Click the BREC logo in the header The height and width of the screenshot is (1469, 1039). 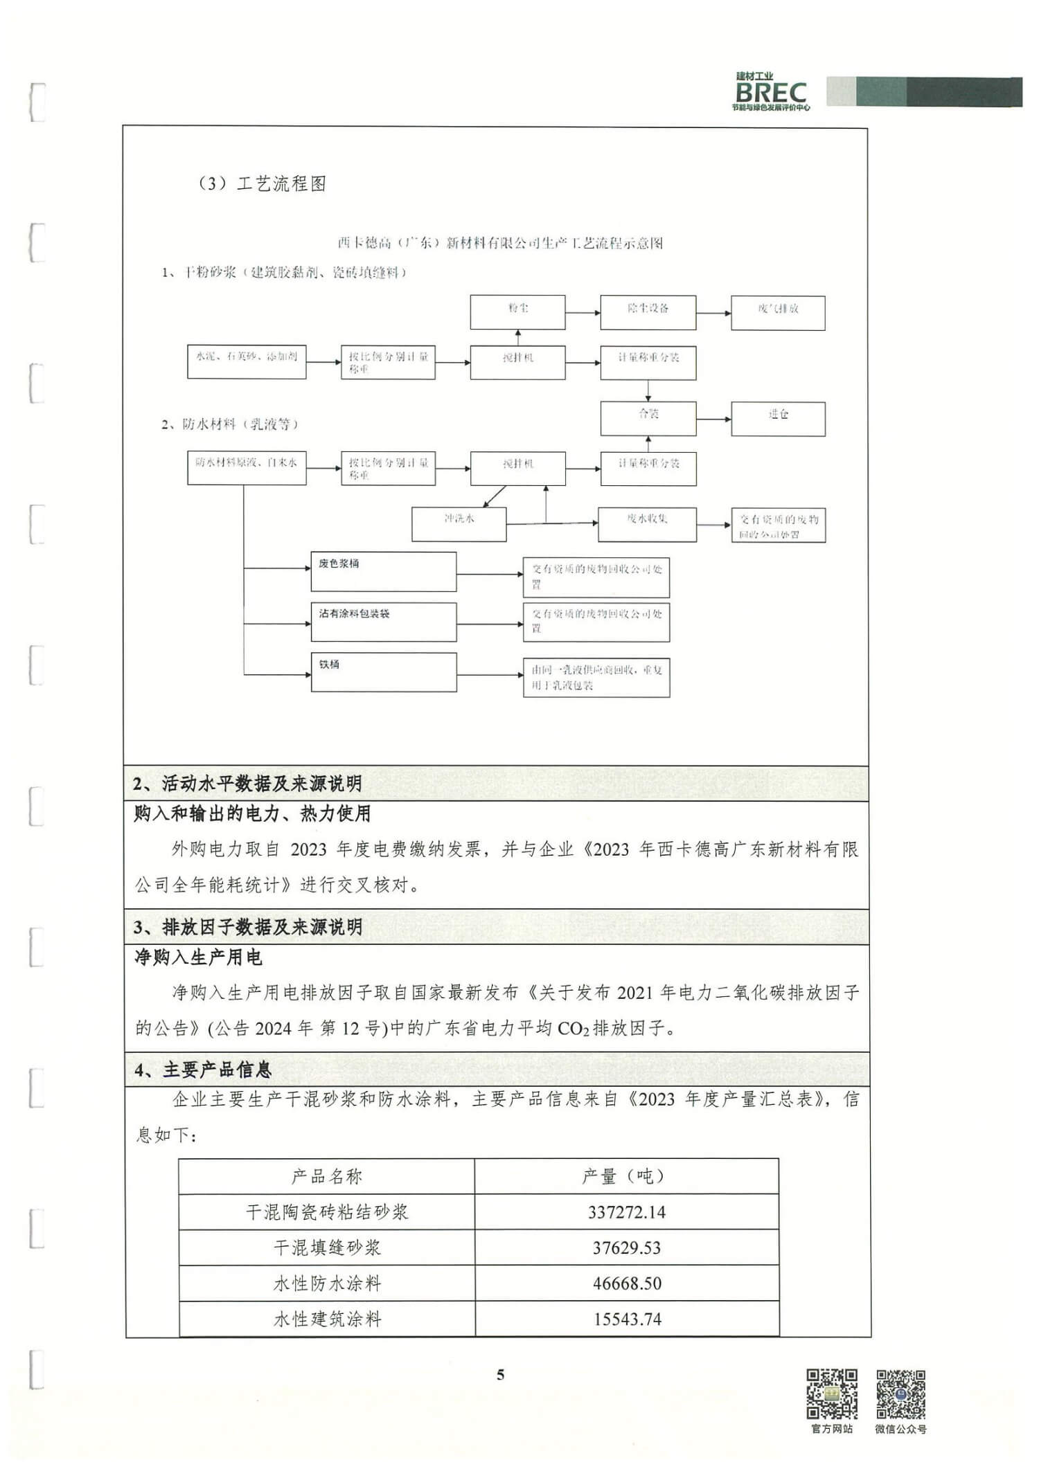[771, 92]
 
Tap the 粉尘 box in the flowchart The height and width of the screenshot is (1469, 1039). [517, 312]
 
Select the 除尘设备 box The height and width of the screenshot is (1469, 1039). [648, 312]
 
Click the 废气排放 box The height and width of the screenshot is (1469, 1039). [778, 313]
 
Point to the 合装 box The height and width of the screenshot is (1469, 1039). [648, 418]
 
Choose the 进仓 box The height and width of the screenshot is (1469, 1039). [778, 419]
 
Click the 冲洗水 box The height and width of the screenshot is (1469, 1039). [459, 524]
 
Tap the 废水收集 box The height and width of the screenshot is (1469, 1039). [647, 524]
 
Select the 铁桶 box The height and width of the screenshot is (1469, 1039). [383, 672]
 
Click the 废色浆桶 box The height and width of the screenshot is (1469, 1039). [383, 571]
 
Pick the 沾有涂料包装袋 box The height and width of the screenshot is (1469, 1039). [383, 621]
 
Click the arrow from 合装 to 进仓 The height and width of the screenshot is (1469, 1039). [713, 419]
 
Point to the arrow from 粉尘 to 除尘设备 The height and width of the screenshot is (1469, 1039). [583, 313]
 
